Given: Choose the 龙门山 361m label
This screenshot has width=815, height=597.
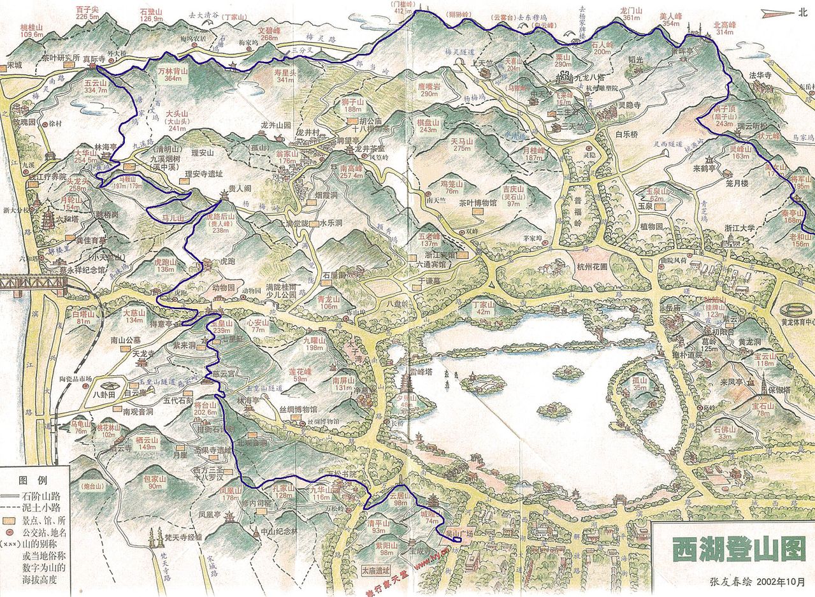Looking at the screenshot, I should (630, 14).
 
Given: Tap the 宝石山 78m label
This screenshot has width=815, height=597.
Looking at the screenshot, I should (762, 409).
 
